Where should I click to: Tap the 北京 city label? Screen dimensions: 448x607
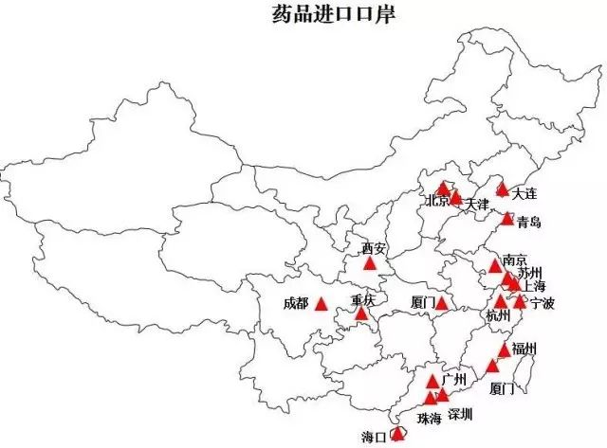pos(437,202)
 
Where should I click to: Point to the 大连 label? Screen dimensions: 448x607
pos(524,194)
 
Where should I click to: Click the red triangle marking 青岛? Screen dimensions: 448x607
pos(507,220)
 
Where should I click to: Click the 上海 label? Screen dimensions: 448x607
pos(534,287)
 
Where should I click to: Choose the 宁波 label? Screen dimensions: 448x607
pos(543,304)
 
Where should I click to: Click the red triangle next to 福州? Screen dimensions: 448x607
pos(504,350)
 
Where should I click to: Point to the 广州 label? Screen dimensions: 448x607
pos(454,381)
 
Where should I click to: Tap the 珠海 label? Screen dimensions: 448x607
pos(429,418)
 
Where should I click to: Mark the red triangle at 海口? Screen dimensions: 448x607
pos(398,433)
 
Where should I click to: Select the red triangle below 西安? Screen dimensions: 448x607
pos(370,262)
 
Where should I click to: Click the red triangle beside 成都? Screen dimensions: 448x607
pos(322,304)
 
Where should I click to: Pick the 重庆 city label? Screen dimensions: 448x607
pos(363,300)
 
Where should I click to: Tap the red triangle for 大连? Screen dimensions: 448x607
pos(502,189)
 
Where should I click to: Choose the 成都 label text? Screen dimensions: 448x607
pos(295,304)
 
